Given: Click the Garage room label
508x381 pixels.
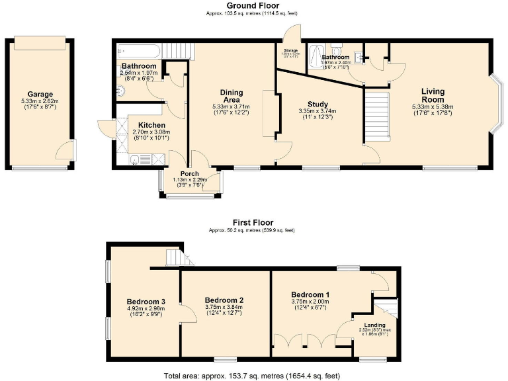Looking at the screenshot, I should coord(40,95).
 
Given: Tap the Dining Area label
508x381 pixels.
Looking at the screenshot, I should coord(232,97).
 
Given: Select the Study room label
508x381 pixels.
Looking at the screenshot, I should coord(317,104).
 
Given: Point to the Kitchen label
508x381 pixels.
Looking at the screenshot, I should coord(151,126).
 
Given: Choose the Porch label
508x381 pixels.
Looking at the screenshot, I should coord(190,174).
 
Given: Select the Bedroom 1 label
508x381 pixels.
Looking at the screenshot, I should coord(310,294).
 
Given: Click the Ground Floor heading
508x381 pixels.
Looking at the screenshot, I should coord(254,5).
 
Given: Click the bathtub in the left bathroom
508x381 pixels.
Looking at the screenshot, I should coord(138,50).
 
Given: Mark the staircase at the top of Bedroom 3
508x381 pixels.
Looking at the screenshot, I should coord(174,257).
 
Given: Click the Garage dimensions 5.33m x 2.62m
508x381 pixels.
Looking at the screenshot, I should coord(40,101).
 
